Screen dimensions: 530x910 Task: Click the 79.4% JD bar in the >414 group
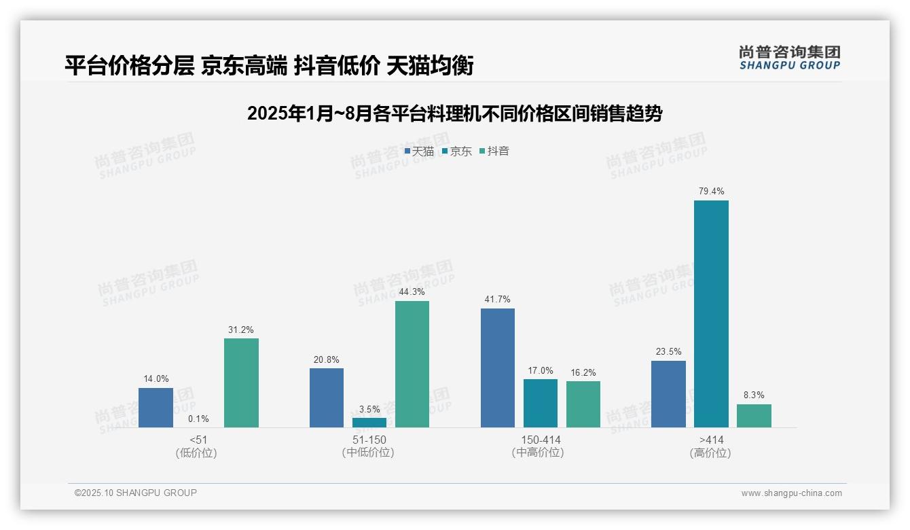tap(711, 313)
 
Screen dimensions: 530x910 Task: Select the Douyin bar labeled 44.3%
tap(412, 364)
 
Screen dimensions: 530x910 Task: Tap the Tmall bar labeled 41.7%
tap(498, 368)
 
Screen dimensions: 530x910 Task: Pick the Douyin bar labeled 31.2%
tap(241, 383)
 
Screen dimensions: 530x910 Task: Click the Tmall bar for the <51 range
tap(156, 407)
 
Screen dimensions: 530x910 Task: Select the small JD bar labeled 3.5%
tap(369, 422)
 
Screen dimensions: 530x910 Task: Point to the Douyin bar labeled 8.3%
tap(754, 415)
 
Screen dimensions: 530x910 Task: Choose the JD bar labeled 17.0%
tap(541, 403)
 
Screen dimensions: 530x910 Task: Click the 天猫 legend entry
tap(419, 152)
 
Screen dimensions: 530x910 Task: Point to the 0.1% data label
tap(198, 419)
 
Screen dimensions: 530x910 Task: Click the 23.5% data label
tap(668, 352)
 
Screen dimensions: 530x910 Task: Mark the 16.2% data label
tap(583, 372)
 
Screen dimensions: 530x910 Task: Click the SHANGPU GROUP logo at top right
tap(789, 58)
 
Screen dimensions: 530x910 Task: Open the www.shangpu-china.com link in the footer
tap(791, 493)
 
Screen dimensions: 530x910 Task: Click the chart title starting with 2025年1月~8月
tap(454, 113)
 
